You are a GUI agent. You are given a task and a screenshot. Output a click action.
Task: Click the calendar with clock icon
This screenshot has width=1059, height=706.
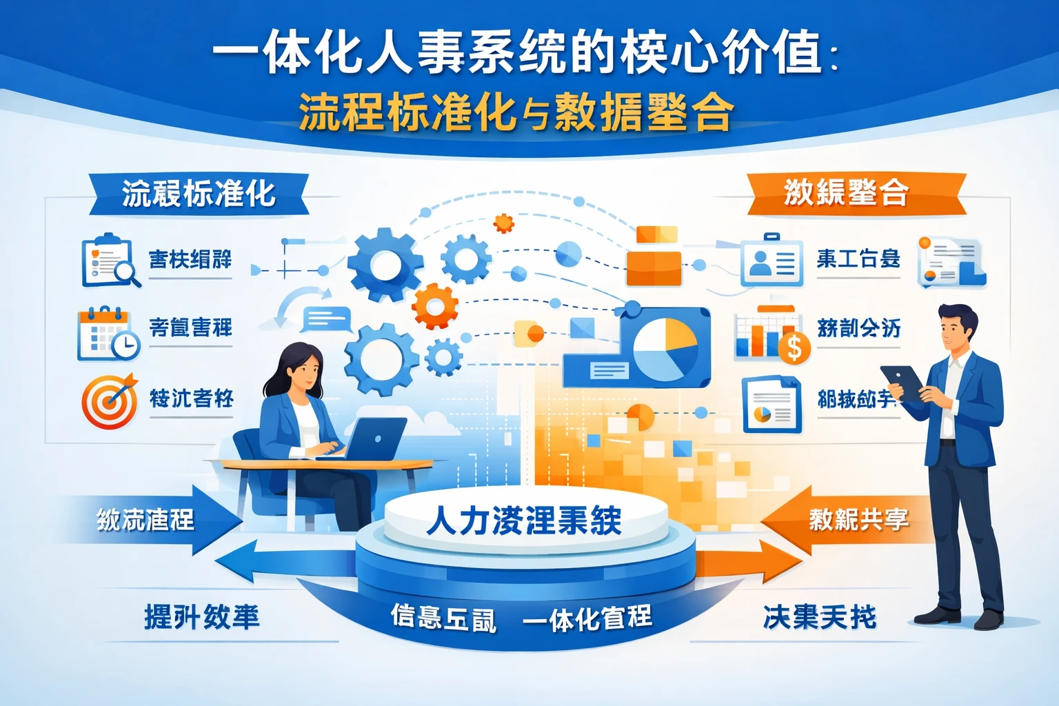(108, 334)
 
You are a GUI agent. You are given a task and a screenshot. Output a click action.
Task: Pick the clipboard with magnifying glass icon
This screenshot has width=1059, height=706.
(110, 261)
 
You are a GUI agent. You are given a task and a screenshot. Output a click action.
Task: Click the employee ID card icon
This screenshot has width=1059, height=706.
(771, 262)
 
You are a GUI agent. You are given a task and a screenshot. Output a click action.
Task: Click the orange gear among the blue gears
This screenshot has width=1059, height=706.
(435, 306)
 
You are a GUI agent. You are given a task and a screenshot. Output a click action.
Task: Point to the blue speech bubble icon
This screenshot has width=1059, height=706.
(326, 319)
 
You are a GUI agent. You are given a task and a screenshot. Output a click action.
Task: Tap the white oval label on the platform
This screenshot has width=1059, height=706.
(525, 521)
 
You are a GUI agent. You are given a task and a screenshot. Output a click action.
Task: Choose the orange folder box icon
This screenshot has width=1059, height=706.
(654, 256)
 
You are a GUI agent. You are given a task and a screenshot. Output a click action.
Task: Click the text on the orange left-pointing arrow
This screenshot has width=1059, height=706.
(858, 519)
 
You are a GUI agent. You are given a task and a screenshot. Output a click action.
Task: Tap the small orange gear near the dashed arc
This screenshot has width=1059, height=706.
(504, 223)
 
